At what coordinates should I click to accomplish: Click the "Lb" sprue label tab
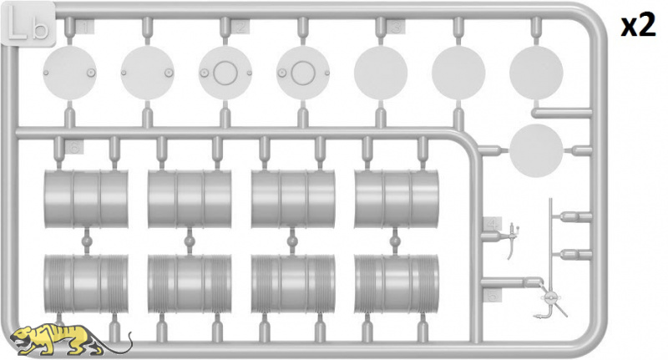28,24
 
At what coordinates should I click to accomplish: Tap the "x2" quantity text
638,26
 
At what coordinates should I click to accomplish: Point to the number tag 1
84,28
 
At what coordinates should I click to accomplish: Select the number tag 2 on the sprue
240,28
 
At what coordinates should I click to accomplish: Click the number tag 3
396,28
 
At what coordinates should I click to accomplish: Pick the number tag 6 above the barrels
74,147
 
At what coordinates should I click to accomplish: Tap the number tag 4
493,224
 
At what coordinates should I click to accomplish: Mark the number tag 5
493,295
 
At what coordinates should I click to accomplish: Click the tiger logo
71,340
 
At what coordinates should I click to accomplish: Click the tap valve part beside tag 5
549,302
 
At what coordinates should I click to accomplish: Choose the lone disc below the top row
536,150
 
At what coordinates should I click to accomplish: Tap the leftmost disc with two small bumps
69,73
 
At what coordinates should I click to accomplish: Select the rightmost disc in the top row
536,73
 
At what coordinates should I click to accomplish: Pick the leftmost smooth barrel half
86,199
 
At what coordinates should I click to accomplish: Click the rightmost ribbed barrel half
396,284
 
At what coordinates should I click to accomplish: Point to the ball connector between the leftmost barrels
87,241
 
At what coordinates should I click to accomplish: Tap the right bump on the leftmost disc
91,73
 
